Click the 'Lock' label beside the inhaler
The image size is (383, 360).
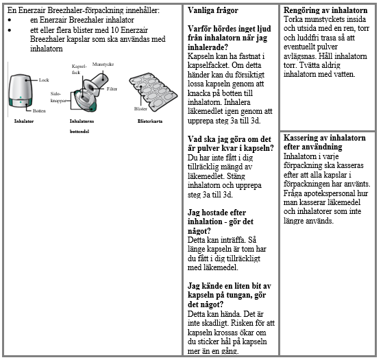pos(44,80)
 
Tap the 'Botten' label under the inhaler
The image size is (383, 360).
pos(39,111)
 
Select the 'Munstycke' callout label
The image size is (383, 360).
pos(103,64)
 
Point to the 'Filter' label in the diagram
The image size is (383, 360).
pos(112,89)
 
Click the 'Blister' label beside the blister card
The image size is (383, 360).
pos(140,109)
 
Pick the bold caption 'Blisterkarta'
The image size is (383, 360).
pos(150,121)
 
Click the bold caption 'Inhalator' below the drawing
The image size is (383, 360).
pos(24,121)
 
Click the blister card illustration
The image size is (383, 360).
pos(153,92)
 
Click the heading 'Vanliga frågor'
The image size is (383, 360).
pos(213,10)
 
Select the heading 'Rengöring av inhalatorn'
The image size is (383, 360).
pos(325,10)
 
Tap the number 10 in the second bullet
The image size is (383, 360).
pos(114,30)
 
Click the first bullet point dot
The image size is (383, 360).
pos(10,20)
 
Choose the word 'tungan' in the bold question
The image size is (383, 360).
pos(238,296)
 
